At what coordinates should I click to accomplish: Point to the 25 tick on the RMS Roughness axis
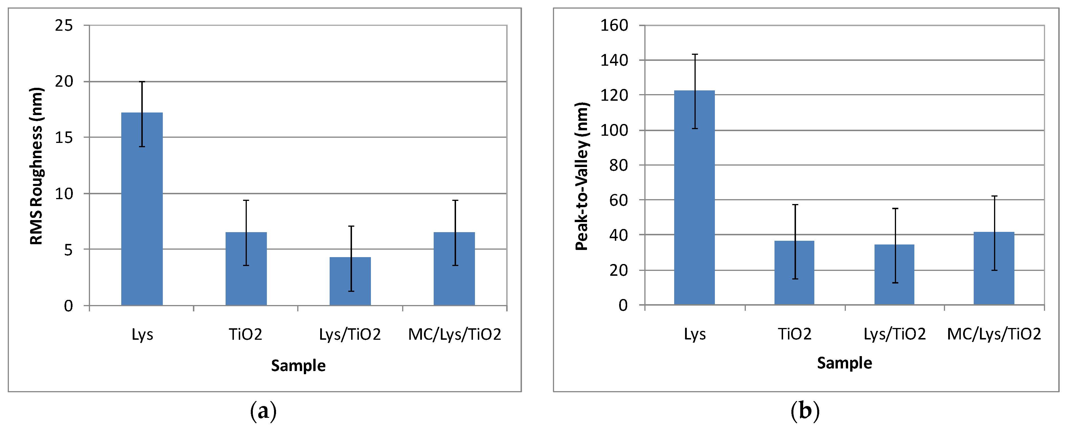tap(64, 26)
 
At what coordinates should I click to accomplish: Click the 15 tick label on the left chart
tap(64, 138)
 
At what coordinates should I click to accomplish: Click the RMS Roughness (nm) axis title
tap(36, 166)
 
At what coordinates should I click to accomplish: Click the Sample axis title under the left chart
tap(298, 366)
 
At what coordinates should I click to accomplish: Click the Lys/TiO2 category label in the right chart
tap(894, 334)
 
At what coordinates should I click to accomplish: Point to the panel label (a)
tap(263, 411)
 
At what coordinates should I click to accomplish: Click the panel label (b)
tap(805, 411)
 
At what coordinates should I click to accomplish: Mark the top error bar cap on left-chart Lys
tap(142, 82)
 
